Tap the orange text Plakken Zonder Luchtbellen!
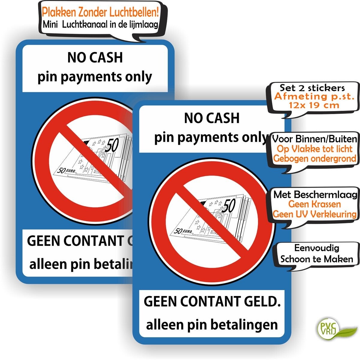click(100, 13)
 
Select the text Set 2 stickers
click(312, 88)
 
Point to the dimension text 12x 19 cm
click(314, 105)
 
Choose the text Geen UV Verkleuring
click(314, 214)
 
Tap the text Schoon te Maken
click(316, 259)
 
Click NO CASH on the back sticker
click(95, 58)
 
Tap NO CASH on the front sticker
click(212, 118)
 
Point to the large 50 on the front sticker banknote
click(229, 206)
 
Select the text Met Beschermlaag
click(315, 195)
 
